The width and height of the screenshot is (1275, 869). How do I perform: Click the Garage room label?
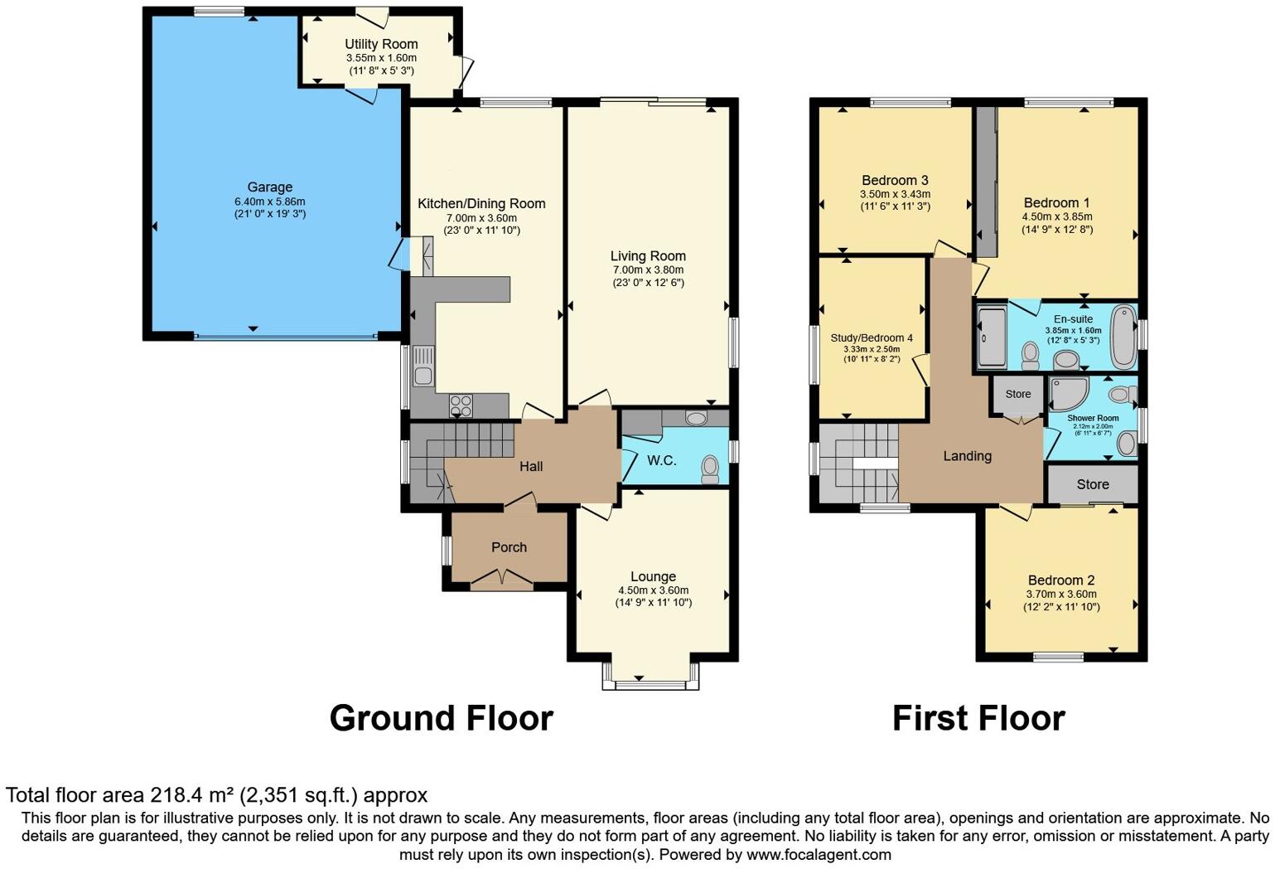tap(270, 187)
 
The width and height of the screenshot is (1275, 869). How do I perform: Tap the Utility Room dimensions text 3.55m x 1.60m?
tap(381, 58)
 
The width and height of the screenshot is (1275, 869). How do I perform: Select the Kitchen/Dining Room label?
tap(481, 203)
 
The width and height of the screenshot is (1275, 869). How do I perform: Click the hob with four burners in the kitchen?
tap(461, 405)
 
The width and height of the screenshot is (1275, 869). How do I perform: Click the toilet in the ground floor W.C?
tap(710, 469)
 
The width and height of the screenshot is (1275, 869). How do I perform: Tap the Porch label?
tap(509, 547)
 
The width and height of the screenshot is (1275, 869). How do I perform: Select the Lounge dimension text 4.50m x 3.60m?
tap(654, 590)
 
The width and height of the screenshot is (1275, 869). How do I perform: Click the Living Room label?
tap(648, 256)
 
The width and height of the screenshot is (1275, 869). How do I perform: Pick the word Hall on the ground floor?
tap(531, 466)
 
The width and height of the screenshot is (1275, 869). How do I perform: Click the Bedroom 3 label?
tap(895, 181)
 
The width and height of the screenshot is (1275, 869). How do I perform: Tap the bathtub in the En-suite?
tap(1124, 337)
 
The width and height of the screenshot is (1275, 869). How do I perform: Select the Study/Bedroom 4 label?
tap(872, 338)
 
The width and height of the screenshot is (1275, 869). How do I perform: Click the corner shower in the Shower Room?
tap(1069, 394)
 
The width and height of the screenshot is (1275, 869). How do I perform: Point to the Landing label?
tap(968, 456)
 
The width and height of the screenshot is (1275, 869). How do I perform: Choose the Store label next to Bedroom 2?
tap(1093, 484)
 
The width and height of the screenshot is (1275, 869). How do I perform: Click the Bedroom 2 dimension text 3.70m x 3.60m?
tap(1061, 594)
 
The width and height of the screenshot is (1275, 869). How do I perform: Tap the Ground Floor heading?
tap(441, 718)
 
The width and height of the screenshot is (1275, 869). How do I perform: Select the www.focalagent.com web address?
tap(819, 855)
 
